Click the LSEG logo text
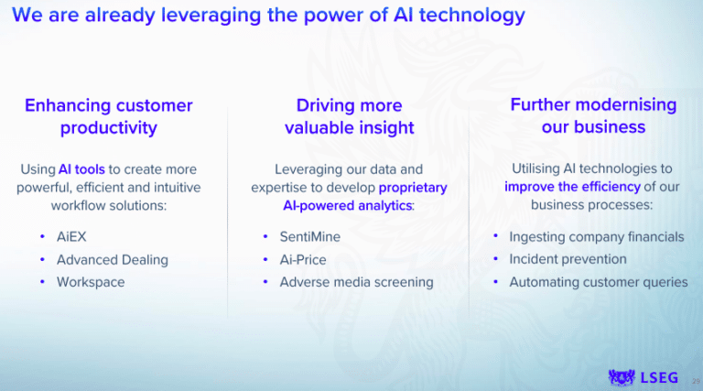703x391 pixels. coord(659,378)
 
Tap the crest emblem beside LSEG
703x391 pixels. coord(622,377)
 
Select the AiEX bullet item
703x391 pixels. coord(71,237)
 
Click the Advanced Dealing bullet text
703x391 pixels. coord(112,260)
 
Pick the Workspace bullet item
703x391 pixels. coord(91,282)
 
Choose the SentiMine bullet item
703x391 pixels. coord(309,237)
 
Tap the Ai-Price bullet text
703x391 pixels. coord(303,260)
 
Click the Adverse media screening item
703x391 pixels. coord(356,282)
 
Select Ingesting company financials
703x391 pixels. coord(596,237)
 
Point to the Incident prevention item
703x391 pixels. coord(568,259)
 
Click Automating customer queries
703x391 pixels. coord(598,282)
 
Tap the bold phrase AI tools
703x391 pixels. coord(81,169)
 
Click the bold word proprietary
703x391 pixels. coord(413,188)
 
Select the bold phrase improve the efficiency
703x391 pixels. coord(572,187)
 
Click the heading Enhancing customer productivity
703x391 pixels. coord(109,116)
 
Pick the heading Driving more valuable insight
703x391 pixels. coord(350,116)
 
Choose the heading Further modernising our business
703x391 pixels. coord(593,115)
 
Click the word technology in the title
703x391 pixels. coord(472,16)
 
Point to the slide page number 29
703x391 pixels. coord(696,381)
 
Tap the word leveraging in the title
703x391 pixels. coord(211,16)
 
